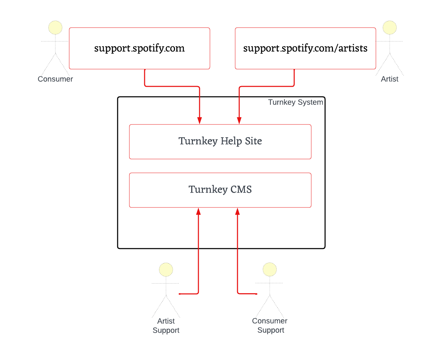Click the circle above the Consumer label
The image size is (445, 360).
(55, 28)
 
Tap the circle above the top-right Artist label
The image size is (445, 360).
(390, 28)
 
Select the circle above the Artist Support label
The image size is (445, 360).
(166, 270)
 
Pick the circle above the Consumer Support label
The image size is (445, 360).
(270, 270)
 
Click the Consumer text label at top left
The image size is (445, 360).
(55, 79)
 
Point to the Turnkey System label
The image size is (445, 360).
(296, 102)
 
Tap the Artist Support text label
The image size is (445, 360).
(166, 326)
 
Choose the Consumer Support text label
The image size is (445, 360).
(270, 326)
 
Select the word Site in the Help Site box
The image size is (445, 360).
(253, 141)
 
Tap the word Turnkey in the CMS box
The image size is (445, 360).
(208, 190)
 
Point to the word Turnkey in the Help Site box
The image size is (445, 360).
(198, 141)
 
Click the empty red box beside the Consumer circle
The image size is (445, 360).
(139, 48)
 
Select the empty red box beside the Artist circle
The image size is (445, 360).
(305, 48)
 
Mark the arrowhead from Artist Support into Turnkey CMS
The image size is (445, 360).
(198, 212)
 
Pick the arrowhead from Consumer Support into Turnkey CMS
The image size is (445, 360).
(238, 212)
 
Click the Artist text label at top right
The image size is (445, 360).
(390, 79)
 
